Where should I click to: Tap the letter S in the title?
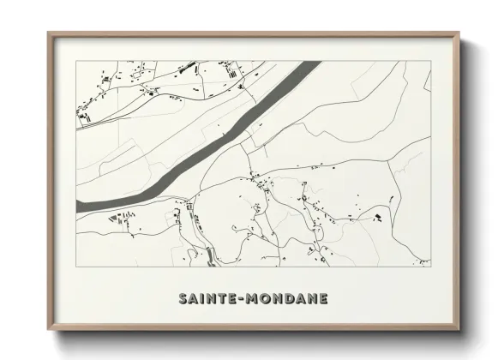click(x=183, y=298)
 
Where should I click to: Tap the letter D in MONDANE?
click(x=294, y=298)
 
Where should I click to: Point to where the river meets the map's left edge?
click(x=77, y=207)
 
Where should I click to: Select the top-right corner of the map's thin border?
click(x=429, y=61)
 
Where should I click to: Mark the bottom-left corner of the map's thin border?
click(x=76, y=267)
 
